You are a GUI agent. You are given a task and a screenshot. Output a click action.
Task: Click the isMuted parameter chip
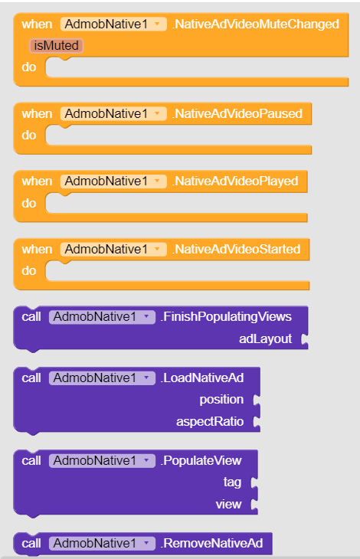(57, 46)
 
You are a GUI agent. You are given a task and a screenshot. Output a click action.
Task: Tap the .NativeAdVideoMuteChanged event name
(255, 25)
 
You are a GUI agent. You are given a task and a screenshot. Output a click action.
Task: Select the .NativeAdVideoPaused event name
(237, 114)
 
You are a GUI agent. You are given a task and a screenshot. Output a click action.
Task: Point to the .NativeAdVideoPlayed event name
(235, 181)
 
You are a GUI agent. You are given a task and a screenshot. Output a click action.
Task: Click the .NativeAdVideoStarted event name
(236, 249)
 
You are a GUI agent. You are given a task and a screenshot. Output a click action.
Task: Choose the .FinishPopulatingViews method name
(226, 316)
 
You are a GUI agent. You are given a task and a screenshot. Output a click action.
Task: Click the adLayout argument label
(265, 338)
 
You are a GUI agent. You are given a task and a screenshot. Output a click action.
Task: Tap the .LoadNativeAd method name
(202, 378)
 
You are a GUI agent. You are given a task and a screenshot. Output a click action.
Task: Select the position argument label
(221, 400)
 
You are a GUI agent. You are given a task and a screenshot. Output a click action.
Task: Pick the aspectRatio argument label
(210, 421)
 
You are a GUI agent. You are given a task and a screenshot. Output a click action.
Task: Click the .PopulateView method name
(201, 461)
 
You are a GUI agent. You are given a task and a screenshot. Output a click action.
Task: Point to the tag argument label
(232, 482)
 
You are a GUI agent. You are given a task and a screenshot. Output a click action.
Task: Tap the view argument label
(228, 504)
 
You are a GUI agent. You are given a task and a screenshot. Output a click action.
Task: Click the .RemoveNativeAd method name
(211, 544)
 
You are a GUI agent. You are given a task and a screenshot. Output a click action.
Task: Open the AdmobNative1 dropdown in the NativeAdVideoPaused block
(113, 114)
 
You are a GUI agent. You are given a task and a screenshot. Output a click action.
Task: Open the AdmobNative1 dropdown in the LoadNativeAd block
(102, 378)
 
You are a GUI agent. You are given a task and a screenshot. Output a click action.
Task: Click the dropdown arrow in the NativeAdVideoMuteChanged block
(157, 25)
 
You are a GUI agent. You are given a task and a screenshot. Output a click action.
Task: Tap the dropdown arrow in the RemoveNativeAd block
(146, 544)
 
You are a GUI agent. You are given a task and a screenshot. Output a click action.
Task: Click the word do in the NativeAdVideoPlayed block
(29, 203)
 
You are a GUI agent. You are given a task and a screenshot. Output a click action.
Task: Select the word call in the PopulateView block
(31, 461)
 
